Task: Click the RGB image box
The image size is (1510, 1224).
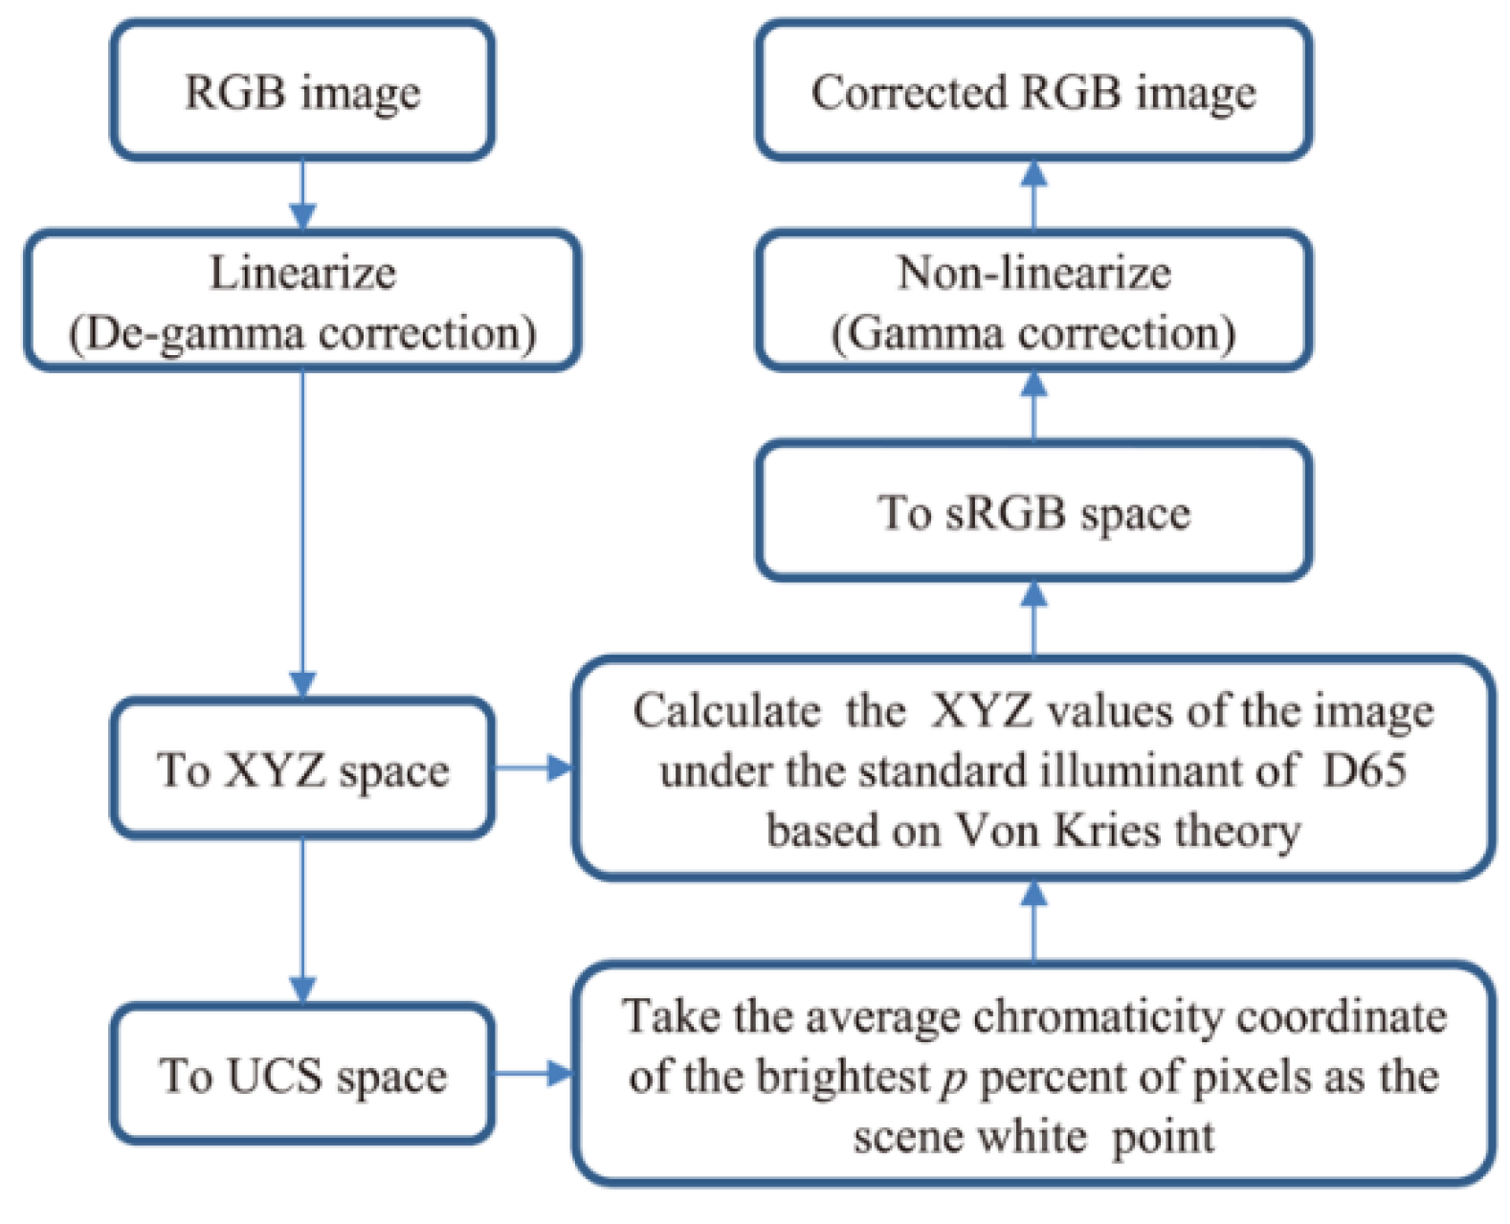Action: click(x=302, y=92)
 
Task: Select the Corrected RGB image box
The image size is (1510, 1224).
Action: click(x=1033, y=92)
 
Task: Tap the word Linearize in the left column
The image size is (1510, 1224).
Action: click(x=302, y=273)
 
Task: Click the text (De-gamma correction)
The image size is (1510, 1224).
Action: click(x=302, y=333)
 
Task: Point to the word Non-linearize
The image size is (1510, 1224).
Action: click(x=1033, y=273)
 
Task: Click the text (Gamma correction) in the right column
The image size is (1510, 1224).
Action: click(x=1033, y=333)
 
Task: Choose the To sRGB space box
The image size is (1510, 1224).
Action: click(x=1033, y=512)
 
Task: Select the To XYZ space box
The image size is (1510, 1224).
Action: click(x=302, y=768)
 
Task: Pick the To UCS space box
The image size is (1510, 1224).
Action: click(x=302, y=1075)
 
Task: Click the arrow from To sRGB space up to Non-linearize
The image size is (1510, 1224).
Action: click(x=1033, y=404)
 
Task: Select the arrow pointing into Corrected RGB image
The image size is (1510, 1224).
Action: click(x=1033, y=193)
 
